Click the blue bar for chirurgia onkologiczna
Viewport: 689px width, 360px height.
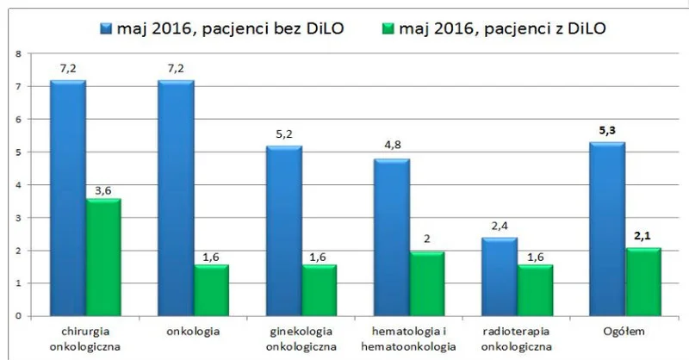[68, 198]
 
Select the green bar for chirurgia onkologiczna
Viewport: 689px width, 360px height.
[103, 258]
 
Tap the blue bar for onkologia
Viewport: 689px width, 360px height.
[176, 198]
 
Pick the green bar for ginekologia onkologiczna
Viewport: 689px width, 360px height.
[320, 290]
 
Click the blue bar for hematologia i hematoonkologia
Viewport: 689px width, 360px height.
[392, 238]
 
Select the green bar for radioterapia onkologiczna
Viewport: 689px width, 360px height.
[535, 290]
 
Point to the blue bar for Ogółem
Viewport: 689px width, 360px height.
[607, 229]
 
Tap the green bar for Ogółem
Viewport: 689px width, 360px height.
[643, 282]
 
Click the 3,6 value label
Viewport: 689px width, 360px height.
[103, 191]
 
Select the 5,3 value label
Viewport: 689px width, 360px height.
[607, 131]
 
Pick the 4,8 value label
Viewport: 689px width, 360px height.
[393, 145]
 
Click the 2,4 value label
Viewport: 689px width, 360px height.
[500, 227]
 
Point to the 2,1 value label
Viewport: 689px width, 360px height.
[642, 236]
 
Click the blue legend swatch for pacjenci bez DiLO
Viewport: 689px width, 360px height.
[107, 29]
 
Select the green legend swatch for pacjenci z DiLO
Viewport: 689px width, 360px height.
[389, 29]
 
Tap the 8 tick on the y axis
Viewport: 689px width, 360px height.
[18, 54]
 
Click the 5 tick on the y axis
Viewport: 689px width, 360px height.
[18, 152]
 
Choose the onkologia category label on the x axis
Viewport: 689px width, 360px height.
[193, 331]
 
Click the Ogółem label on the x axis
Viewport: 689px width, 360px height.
[624, 332]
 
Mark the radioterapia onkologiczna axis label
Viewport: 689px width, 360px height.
[516, 338]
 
